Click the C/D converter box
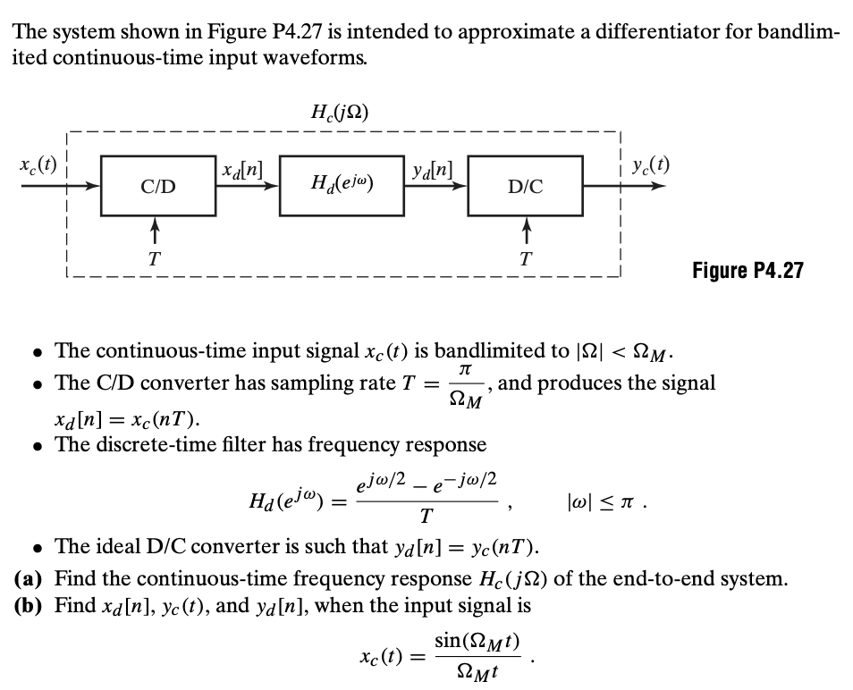pos(157,186)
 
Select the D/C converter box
pos(524,186)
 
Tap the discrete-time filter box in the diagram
pos(341,186)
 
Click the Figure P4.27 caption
pos(747,270)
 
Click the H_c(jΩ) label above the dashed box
pos(340,113)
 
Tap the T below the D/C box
pos(527,258)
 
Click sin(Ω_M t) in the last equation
pos(477,640)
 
